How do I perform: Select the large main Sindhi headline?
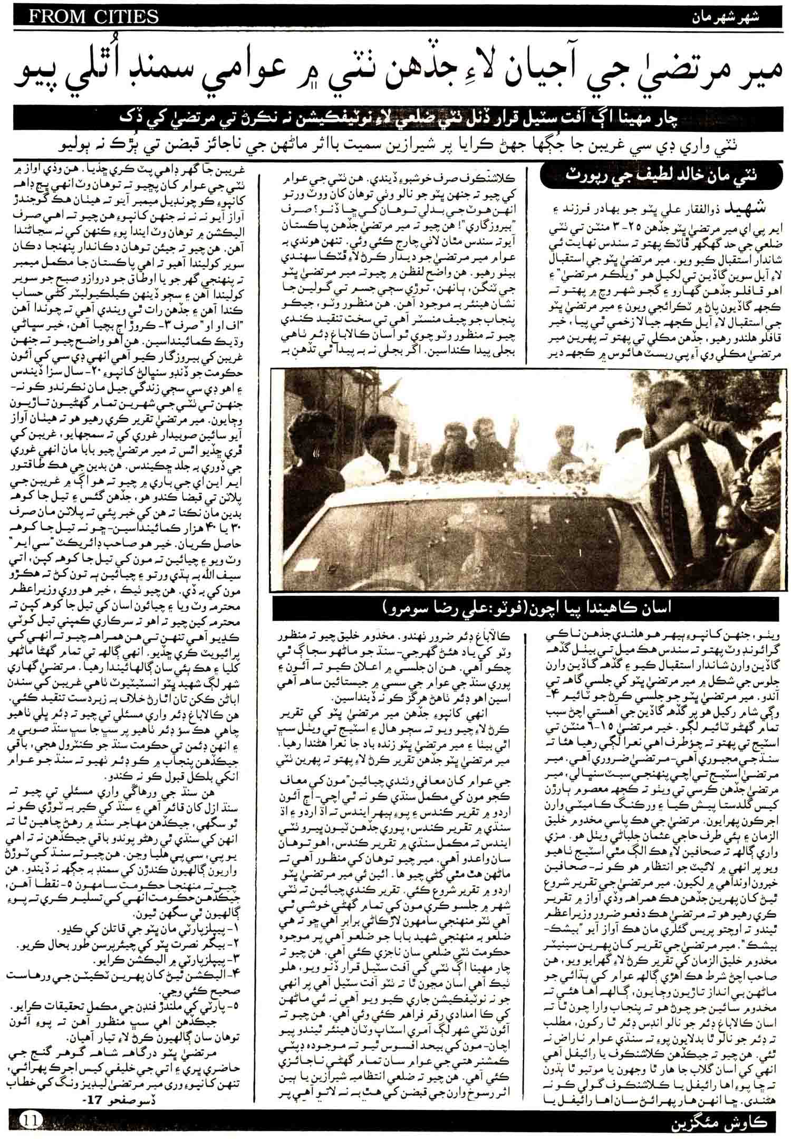pyautogui.click(x=395, y=78)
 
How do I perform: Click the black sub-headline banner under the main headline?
pyautogui.click(x=395, y=121)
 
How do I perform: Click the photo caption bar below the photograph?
pyautogui.click(x=525, y=609)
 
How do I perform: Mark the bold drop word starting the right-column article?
pyautogui.click(x=732, y=206)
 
